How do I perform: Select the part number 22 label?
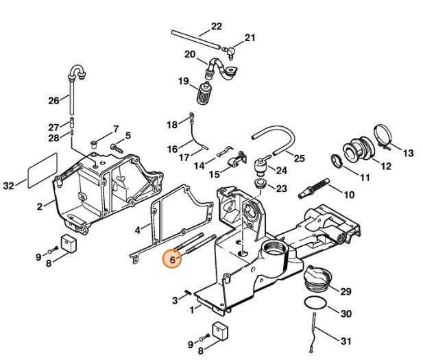click(217, 27)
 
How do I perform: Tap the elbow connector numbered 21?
click(232, 49)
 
